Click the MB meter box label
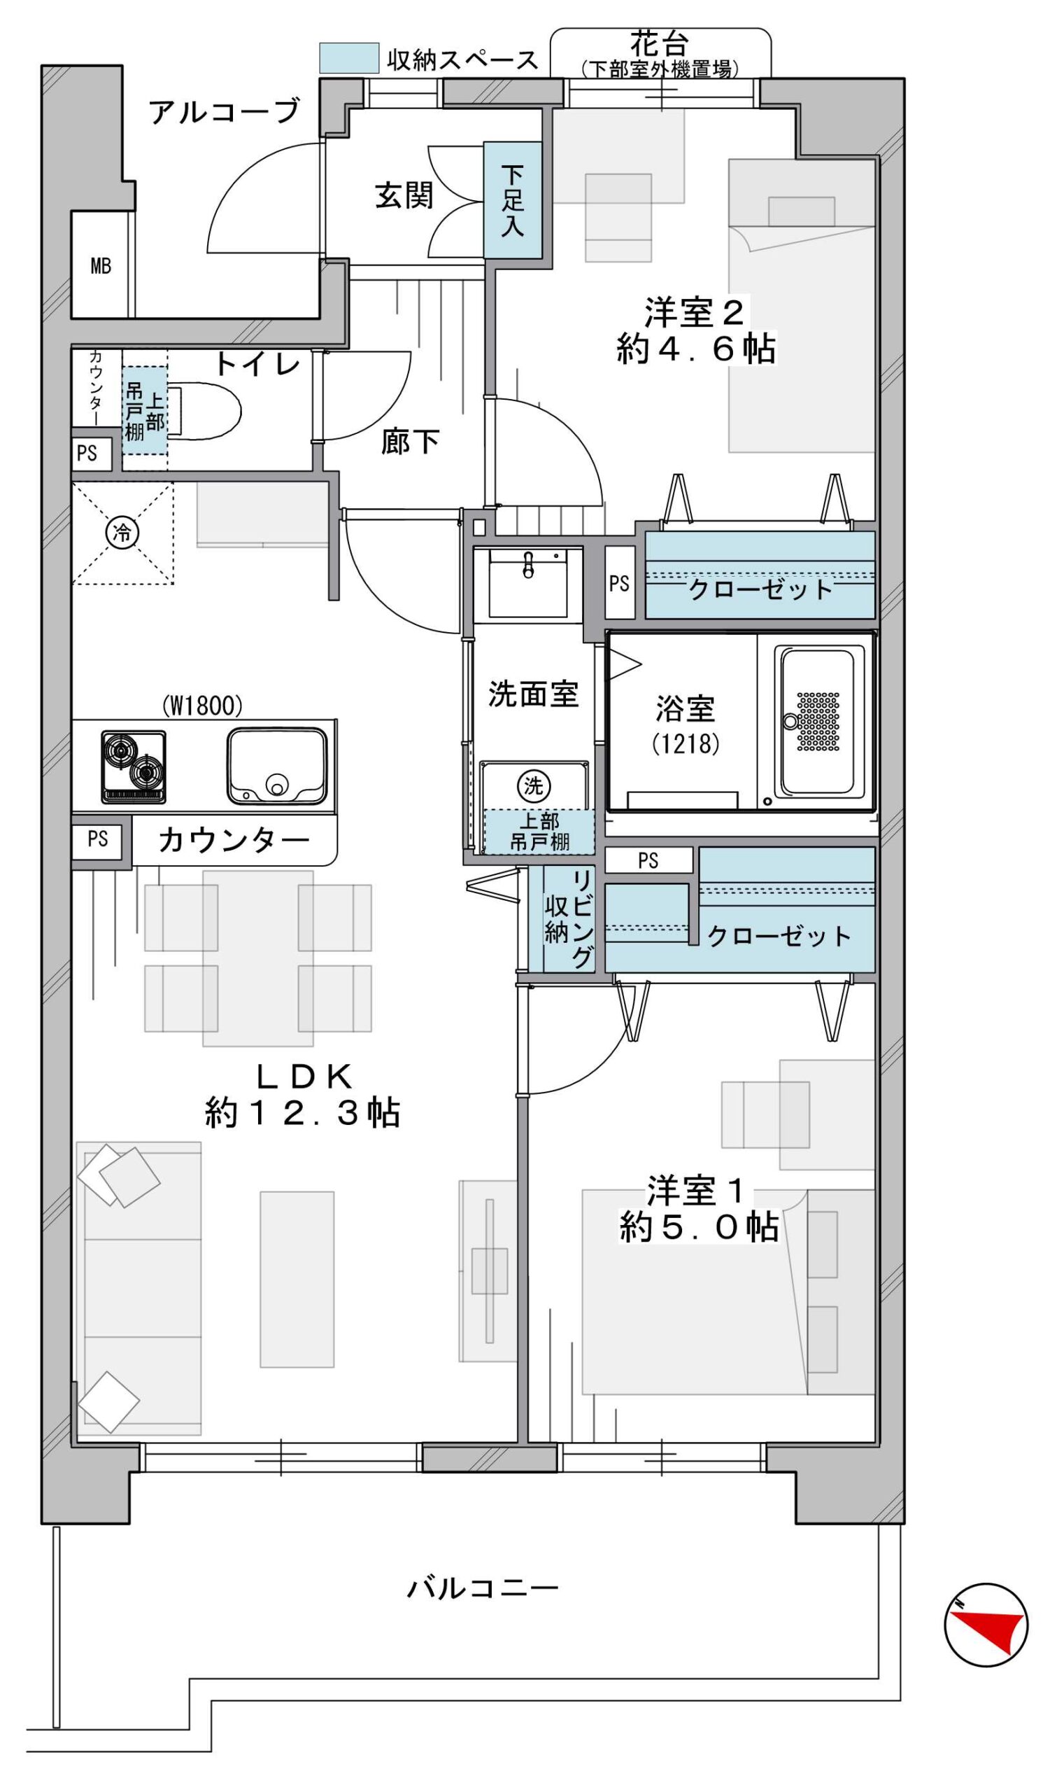pyautogui.click(x=101, y=266)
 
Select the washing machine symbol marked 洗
pyautogui.click(x=534, y=785)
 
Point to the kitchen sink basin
pyautogui.click(x=277, y=766)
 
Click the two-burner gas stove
pyautogui.click(x=134, y=766)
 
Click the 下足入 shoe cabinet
pyautogui.click(x=512, y=200)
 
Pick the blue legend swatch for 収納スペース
pyautogui.click(x=348, y=57)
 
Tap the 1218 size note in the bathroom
pyautogui.click(x=686, y=744)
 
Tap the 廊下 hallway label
pyautogui.click(x=409, y=441)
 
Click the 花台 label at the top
pyautogui.click(x=660, y=44)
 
